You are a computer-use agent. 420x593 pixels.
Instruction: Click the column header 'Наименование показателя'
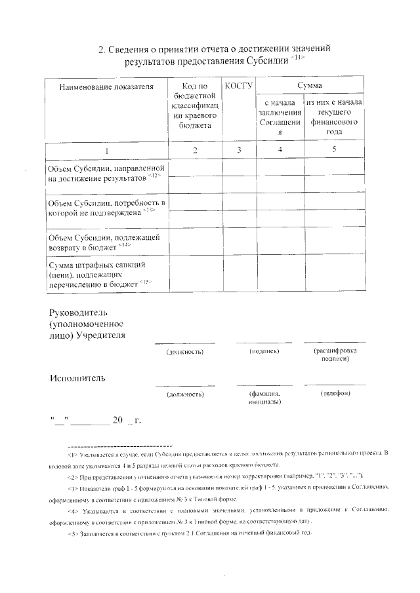click(x=106, y=86)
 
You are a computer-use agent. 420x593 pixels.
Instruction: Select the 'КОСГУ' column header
click(x=239, y=86)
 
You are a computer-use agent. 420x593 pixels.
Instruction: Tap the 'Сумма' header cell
click(x=309, y=86)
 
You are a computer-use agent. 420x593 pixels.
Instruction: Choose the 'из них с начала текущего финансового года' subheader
click(x=335, y=117)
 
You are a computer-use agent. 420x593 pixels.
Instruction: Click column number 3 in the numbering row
click(x=239, y=150)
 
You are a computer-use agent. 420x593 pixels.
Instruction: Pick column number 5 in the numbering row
click(x=334, y=150)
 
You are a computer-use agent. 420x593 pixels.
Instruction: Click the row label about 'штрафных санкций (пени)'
click(x=101, y=273)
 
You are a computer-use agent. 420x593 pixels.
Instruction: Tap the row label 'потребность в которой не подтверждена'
click(x=106, y=208)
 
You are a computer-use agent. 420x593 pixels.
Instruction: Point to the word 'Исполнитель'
click(x=77, y=378)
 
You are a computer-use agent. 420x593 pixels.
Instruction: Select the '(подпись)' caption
click(x=265, y=352)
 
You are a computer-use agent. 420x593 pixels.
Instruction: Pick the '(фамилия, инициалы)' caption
click(x=265, y=397)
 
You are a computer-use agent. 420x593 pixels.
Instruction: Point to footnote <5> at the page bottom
click(x=190, y=532)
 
